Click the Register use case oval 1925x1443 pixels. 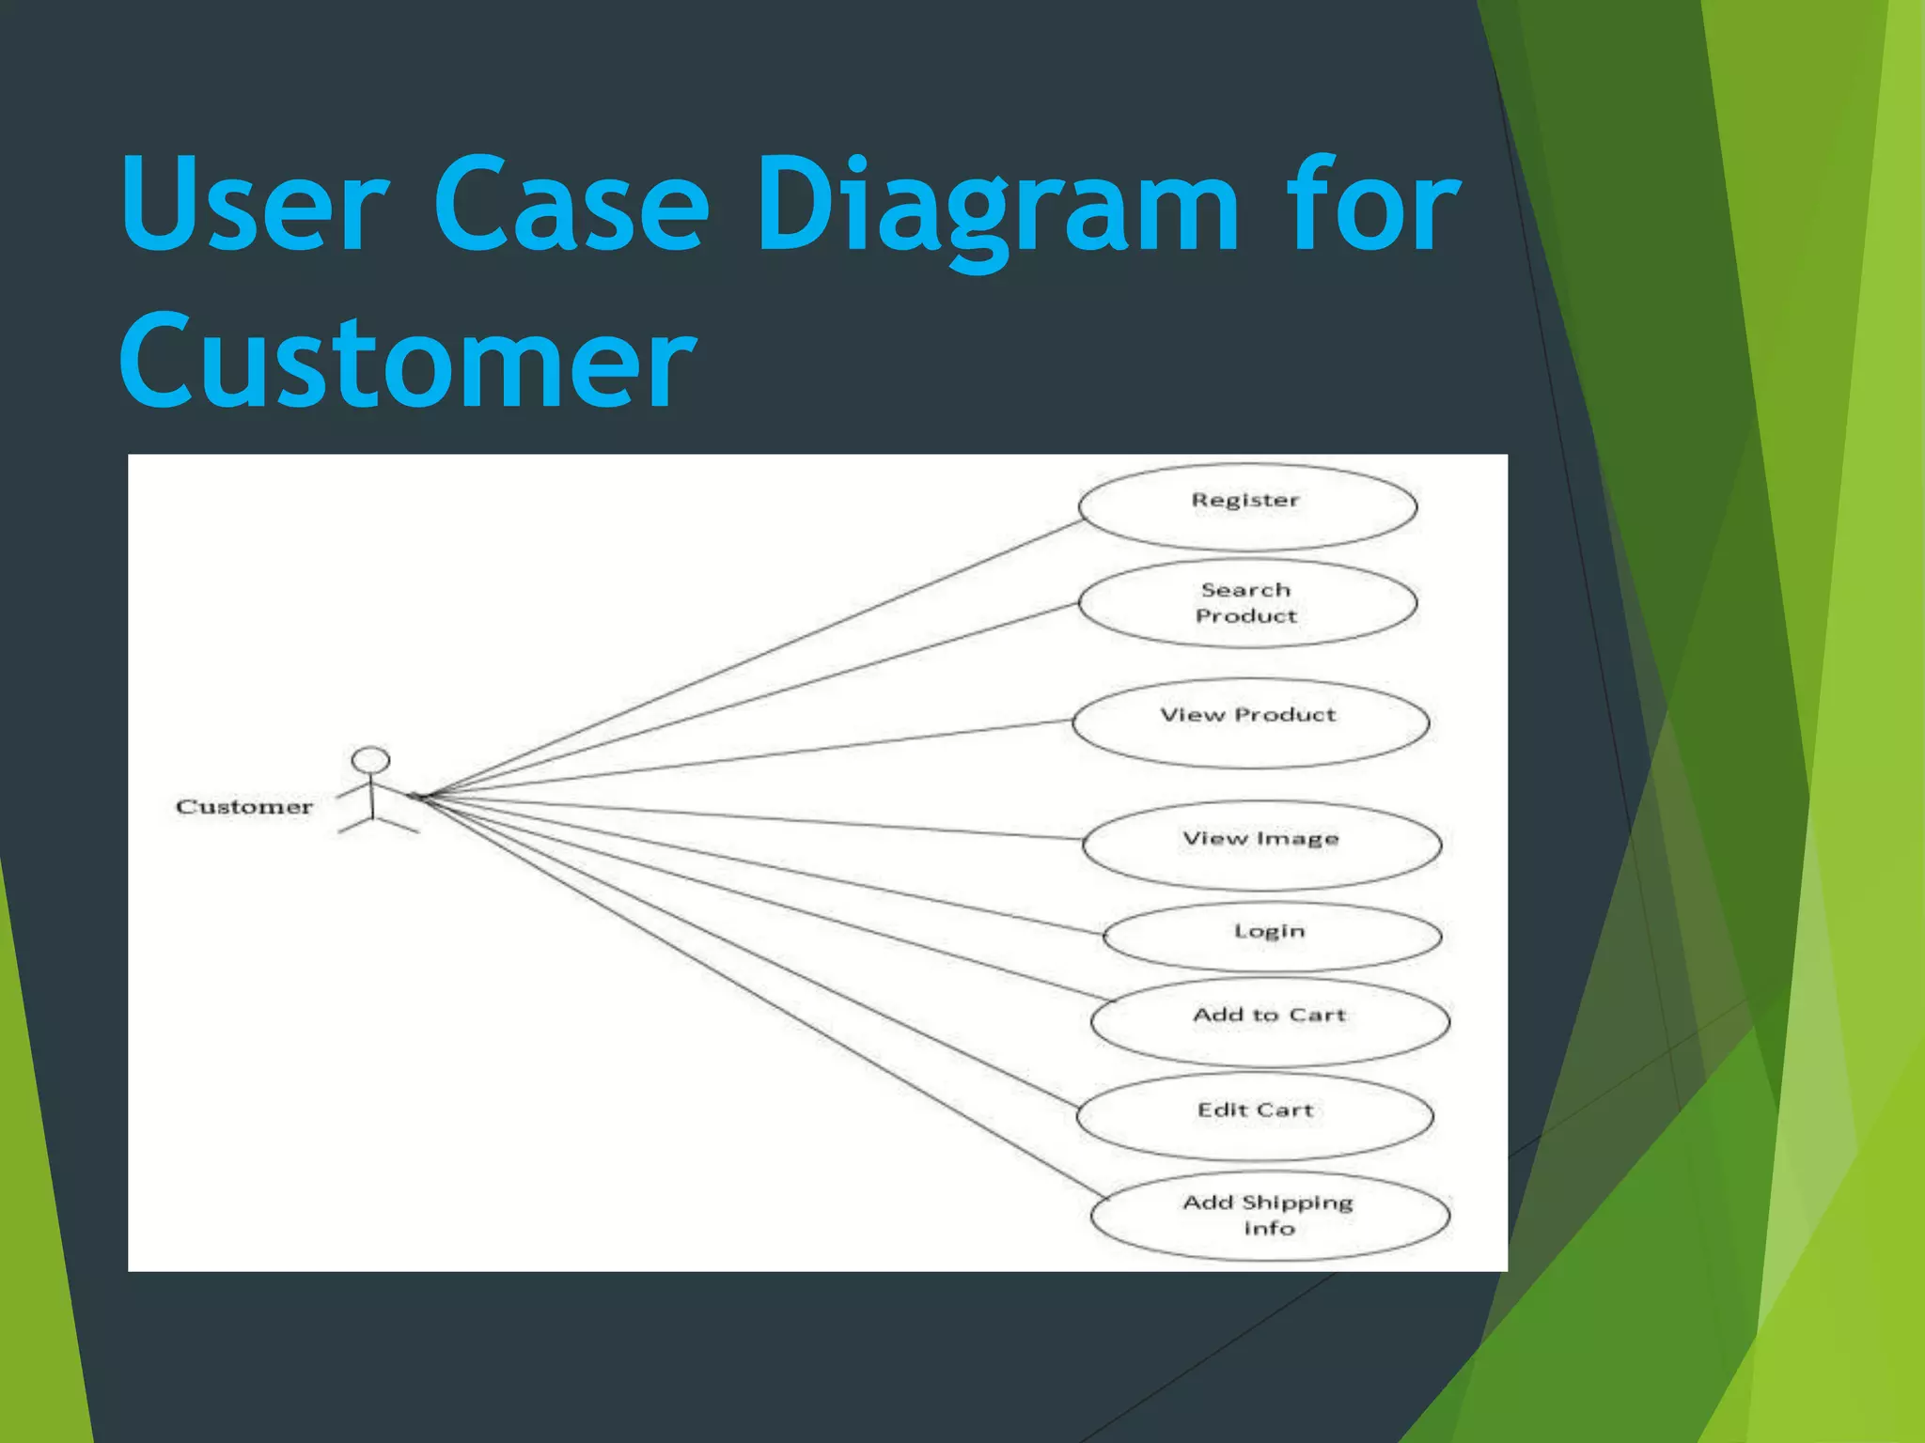pos(1247,507)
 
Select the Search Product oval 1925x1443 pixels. pos(1247,603)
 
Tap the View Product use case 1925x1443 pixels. pos(1250,722)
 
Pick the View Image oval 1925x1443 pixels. pos(1261,845)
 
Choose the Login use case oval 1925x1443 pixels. pos(1271,936)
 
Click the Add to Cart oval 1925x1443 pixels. pos(1270,1022)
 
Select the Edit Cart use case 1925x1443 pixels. pos(1255,1116)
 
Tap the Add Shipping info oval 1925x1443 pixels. pos(1270,1216)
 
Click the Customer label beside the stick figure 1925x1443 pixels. pos(244,807)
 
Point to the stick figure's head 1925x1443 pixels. pos(370,759)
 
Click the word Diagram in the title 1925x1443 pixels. pos(996,207)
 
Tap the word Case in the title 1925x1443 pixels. pos(571,207)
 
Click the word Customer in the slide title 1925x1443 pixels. pos(407,362)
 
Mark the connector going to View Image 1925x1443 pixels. pos(752,817)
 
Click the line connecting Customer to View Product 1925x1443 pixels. pos(752,758)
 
